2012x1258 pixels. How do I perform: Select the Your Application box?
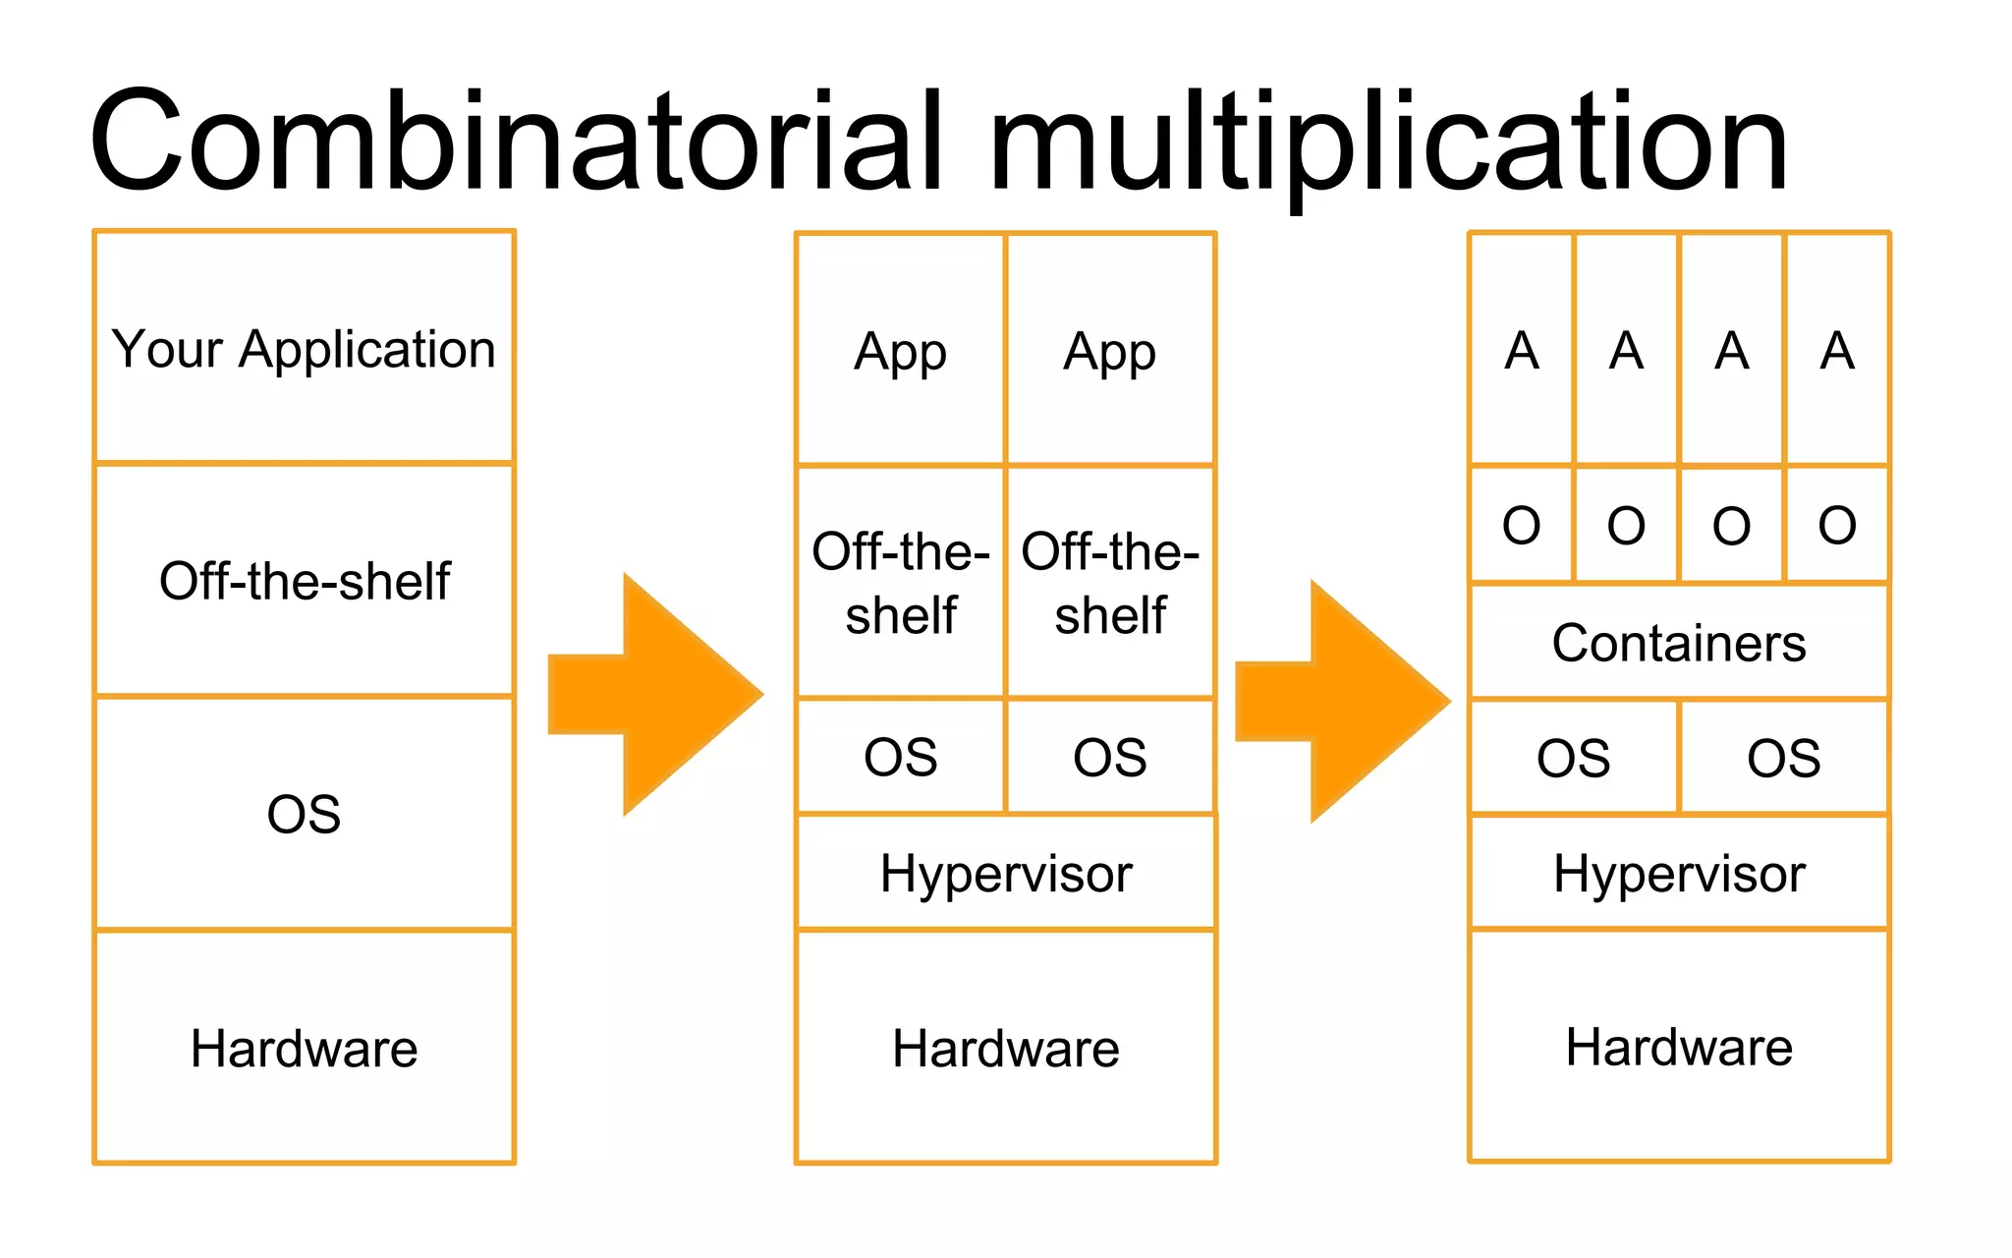[x=305, y=348]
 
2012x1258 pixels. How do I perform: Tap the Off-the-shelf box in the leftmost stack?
[x=305, y=580]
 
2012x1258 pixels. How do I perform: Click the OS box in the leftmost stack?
[x=305, y=814]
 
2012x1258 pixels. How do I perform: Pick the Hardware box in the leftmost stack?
[x=305, y=1048]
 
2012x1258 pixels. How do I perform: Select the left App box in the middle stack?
[x=900, y=350]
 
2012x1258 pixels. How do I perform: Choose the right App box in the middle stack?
[x=1110, y=350]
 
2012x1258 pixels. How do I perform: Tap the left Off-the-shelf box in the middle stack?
[x=900, y=582]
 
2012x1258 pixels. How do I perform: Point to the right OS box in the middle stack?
[x=1110, y=757]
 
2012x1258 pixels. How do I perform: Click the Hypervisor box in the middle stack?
[x=1006, y=873]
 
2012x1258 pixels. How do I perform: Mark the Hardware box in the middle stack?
[x=1006, y=1048]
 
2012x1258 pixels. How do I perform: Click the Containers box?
[x=1679, y=643]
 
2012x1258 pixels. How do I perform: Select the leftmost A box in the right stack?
[x=1522, y=350]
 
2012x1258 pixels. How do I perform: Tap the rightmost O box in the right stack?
[x=1837, y=525]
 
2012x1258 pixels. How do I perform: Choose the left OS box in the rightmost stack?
[x=1574, y=758]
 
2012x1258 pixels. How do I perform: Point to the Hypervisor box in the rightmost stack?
[x=1679, y=873]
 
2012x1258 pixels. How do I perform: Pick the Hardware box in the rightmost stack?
[x=1679, y=1047]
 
